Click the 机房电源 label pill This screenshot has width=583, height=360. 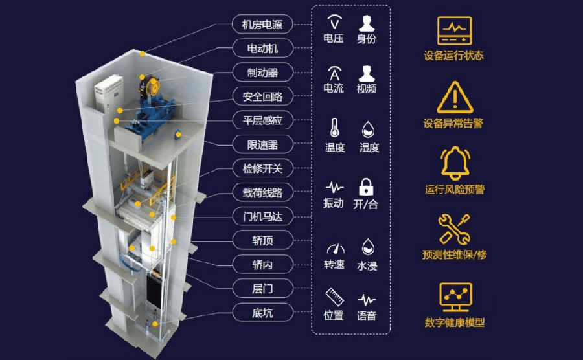[x=262, y=25]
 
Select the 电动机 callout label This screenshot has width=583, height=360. [x=262, y=49]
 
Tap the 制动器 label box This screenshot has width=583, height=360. [x=262, y=73]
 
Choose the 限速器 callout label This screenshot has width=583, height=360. [x=262, y=144]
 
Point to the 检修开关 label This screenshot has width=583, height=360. [x=262, y=168]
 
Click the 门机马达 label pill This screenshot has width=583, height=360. [x=262, y=216]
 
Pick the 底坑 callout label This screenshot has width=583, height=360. [x=262, y=313]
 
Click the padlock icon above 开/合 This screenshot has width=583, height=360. [x=366, y=187]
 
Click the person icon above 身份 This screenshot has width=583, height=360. [x=367, y=23]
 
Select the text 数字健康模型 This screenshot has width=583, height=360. [x=454, y=322]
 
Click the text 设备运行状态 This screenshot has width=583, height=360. [x=454, y=56]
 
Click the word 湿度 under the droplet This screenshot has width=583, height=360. [x=369, y=148]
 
